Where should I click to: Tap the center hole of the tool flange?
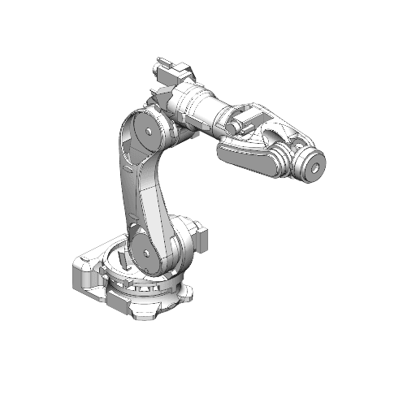tap(313, 167)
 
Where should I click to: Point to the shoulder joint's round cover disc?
tap(147, 252)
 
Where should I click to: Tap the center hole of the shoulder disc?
tap(147, 253)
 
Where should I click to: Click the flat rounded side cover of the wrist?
tap(248, 154)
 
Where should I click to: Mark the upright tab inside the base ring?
tap(121, 258)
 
